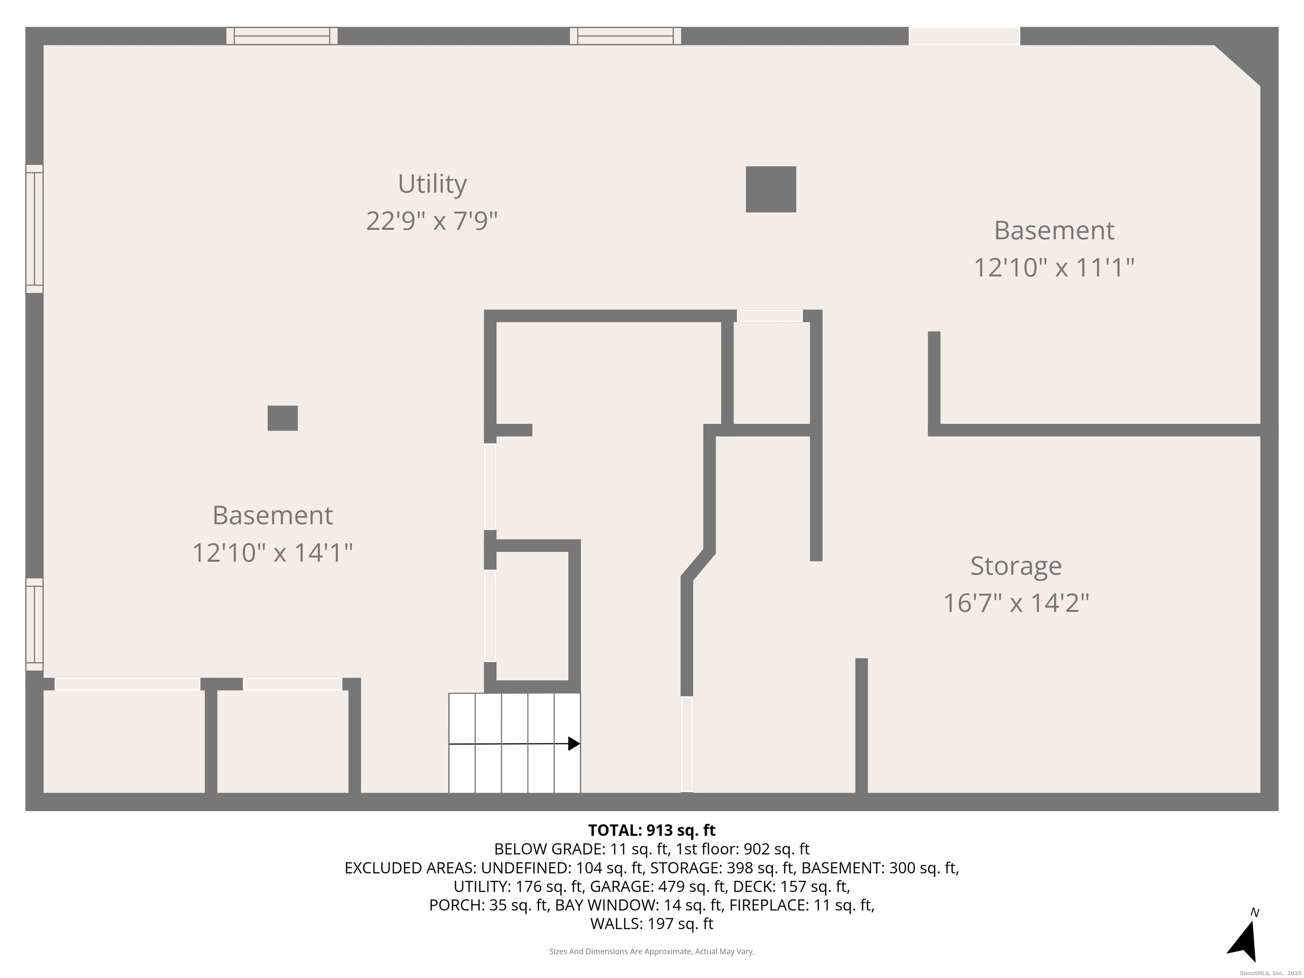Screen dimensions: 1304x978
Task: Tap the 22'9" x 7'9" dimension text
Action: click(x=432, y=222)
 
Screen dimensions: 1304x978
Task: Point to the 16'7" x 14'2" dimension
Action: click(x=1016, y=603)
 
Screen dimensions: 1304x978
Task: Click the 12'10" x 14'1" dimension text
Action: click(x=273, y=553)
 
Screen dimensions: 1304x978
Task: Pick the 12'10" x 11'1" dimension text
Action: click(x=1054, y=268)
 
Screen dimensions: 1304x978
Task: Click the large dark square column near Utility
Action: click(x=770, y=189)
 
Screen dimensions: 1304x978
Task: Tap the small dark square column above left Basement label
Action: click(x=282, y=418)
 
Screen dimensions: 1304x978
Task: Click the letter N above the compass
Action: click(x=1255, y=913)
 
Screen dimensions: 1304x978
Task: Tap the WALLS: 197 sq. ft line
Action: click(x=652, y=924)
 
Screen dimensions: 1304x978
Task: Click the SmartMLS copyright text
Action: click(x=1270, y=973)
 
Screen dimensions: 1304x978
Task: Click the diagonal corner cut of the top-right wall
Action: click(x=1237, y=65)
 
